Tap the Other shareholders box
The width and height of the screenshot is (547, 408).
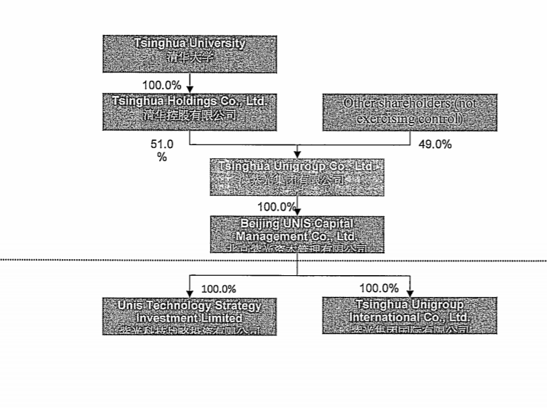click(x=410, y=112)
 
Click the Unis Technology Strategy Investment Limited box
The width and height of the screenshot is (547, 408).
click(x=189, y=315)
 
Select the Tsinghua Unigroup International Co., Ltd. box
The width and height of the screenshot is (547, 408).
click(x=410, y=315)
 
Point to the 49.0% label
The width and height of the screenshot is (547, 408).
click(x=435, y=144)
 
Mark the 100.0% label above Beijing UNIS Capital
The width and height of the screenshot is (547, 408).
click(x=276, y=207)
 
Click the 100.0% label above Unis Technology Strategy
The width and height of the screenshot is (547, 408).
click(x=219, y=289)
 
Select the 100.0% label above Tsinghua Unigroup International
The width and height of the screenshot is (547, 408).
click(x=379, y=288)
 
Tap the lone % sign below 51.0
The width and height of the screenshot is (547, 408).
click(x=162, y=156)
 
